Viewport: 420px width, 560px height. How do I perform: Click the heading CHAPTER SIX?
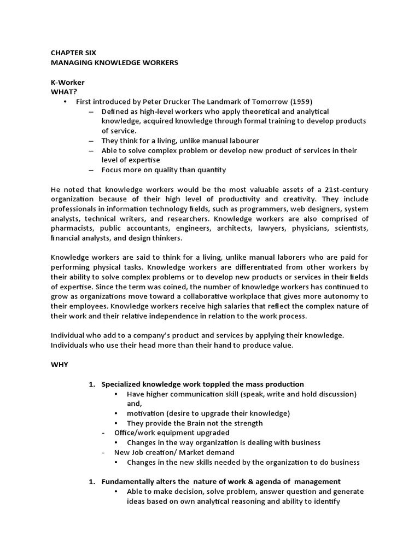click(73, 53)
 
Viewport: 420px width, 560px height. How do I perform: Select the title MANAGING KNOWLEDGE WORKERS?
click(114, 63)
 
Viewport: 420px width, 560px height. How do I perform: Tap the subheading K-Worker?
click(68, 82)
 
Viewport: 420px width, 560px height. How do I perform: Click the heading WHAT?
click(63, 92)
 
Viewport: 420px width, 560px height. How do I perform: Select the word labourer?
click(242, 141)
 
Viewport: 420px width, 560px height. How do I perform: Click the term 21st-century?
click(345, 189)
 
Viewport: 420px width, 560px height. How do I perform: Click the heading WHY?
click(60, 365)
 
